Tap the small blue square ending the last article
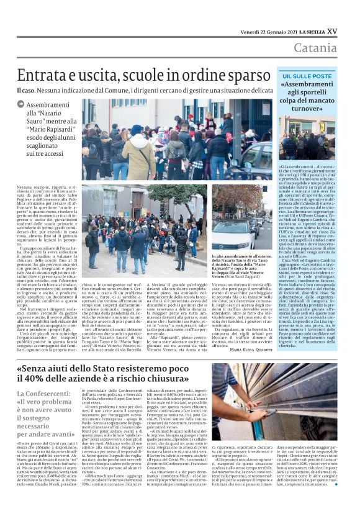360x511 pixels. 336,500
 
